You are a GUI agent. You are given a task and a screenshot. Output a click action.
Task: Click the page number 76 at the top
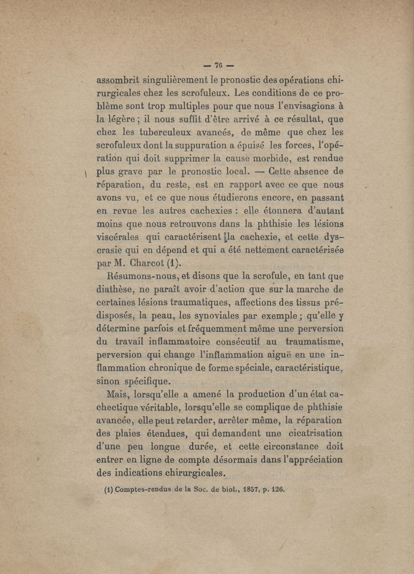[x=218, y=66]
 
